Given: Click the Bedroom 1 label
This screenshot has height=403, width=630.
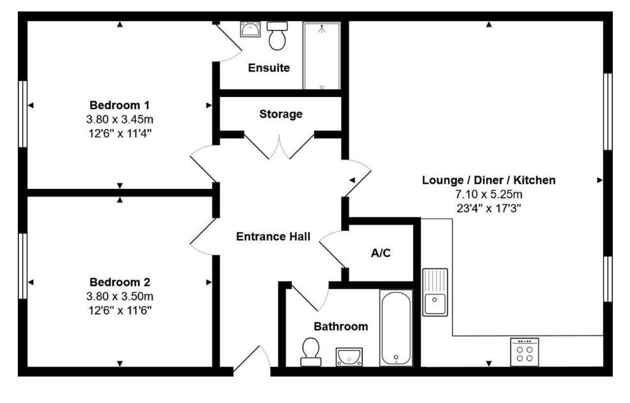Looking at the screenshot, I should click(119, 105).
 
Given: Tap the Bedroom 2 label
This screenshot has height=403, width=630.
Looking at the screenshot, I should click(119, 282).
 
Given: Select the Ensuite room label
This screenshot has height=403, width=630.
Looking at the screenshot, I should click(269, 68).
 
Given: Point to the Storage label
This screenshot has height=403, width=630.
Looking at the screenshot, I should click(280, 114).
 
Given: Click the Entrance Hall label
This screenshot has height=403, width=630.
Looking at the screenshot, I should click(273, 236).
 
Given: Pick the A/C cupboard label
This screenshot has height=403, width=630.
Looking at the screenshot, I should click(380, 253).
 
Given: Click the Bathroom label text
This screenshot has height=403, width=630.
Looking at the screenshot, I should click(340, 326).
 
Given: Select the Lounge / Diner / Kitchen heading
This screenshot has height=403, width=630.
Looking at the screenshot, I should click(488, 180).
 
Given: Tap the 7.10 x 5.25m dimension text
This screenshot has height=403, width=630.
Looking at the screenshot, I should click(488, 194).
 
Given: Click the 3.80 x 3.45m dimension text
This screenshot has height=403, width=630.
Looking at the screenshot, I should click(119, 119).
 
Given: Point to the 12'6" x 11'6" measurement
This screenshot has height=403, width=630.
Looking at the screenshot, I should click(119, 310).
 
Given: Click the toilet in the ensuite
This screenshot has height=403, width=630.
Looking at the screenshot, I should click(277, 37).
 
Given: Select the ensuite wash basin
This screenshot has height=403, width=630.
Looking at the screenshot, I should click(250, 29).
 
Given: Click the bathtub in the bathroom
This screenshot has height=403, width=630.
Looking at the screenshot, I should click(396, 328).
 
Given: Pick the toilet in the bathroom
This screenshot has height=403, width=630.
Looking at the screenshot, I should click(311, 352).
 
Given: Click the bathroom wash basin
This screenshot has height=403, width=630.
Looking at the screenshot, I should click(349, 355).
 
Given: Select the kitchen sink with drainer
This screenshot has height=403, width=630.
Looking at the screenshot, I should click(435, 293).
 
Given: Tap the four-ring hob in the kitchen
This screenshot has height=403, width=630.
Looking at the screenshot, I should click(524, 352).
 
